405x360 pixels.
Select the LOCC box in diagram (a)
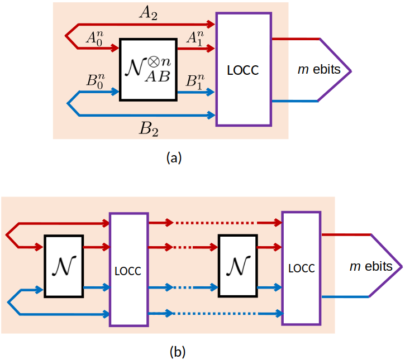click(x=243, y=70)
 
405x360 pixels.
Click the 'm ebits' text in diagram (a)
click(x=318, y=70)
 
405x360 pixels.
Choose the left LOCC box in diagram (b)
click(x=128, y=270)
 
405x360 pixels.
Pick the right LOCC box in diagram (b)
click(x=301, y=268)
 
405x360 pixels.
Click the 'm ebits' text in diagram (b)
click(x=371, y=266)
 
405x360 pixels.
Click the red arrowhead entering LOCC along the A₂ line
click(x=211, y=24)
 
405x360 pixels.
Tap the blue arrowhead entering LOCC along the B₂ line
click(x=211, y=116)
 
